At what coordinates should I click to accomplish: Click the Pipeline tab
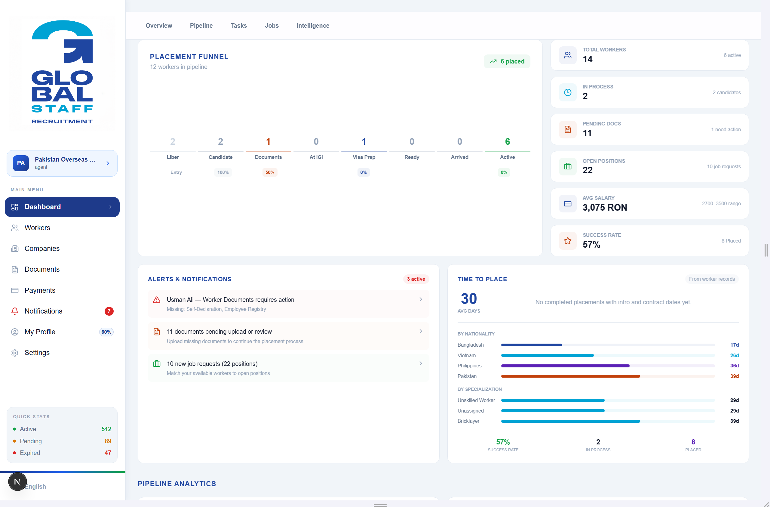coord(201,26)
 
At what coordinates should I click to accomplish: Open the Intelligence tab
coord(313,26)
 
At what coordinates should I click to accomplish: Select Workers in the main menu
coord(37,227)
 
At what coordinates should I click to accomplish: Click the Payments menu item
coord(40,290)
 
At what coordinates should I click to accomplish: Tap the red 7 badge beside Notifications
coord(109,311)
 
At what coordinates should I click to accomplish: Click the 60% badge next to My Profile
coord(106,332)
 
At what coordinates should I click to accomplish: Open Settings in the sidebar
coord(37,353)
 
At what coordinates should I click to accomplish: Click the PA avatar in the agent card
coord(21,163)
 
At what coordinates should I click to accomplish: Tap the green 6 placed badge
coord(507,61)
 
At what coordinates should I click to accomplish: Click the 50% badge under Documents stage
coord(270,172)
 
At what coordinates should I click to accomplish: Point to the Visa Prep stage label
coord(364,157)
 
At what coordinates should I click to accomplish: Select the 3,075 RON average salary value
coord(605,207)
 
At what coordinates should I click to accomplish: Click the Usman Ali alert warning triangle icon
coord(157,300)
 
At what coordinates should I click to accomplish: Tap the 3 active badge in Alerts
coord(416,279)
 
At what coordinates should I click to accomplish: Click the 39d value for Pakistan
coord(735,376)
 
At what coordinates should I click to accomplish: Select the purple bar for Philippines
coord(565,366)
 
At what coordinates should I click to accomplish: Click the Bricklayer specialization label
coord(468,421)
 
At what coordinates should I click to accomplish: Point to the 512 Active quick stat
coord(106,429)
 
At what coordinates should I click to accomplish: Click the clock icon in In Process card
coord(567,92)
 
